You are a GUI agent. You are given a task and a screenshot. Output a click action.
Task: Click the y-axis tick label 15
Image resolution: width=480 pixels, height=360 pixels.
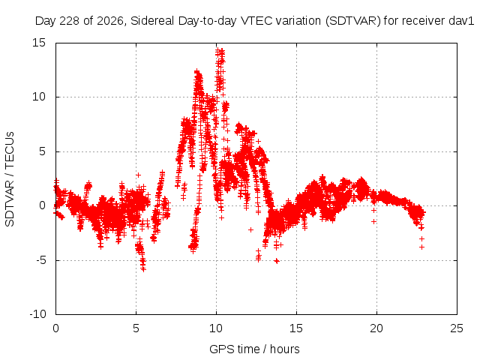point(38,43)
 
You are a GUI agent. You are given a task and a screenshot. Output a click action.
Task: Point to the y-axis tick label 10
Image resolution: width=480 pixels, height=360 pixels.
point(38,97)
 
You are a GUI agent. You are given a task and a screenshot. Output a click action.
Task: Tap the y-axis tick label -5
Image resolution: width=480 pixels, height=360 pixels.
point(40,260)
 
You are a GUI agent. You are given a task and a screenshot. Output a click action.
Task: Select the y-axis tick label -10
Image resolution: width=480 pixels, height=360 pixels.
point(37,314)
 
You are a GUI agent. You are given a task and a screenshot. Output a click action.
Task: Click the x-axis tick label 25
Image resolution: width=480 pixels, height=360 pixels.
point(457,328)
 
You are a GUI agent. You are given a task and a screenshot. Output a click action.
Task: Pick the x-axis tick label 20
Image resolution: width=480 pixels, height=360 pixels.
point(376,328)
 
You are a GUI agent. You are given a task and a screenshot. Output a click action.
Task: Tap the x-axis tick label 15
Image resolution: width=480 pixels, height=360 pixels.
point(296,328)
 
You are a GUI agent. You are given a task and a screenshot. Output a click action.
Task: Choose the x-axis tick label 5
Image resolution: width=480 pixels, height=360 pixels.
point(136,328)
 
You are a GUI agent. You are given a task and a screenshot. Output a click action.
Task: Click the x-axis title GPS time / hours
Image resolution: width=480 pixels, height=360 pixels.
point(254,349)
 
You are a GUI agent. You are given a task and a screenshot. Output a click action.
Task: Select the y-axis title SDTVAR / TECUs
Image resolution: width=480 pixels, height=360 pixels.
point(10,179)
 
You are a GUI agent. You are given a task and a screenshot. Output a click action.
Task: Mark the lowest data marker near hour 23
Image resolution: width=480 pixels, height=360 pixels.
point(421,247)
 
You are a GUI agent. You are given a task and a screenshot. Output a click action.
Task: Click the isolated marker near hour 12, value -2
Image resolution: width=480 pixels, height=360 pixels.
point(250,229)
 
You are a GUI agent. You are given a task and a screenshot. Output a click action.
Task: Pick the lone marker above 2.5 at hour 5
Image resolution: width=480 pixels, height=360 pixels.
point(138,175)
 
